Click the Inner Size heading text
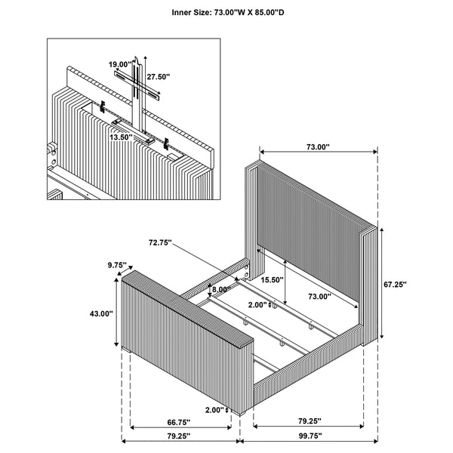[226, 13]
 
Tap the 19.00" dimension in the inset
[119, 65]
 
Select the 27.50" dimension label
[159, 77]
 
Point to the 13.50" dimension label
[120, 137]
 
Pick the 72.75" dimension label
[160, 244]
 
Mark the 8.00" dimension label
[220, 289]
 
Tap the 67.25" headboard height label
[395, 285]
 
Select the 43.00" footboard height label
[100, 313]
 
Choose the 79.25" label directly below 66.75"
[178, 436]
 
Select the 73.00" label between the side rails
[318, 297]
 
